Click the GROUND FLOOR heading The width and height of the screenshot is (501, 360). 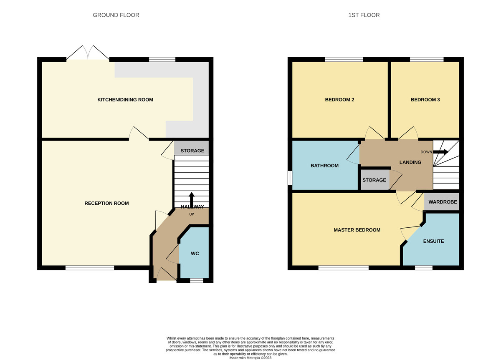[x=116, y=15]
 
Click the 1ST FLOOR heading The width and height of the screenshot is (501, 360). [x=364, y=15]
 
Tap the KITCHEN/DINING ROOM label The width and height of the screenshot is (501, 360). [x=125, y=100]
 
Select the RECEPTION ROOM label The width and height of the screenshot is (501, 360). [x=106, y=203]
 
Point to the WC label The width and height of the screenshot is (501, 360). [x=195, y=254]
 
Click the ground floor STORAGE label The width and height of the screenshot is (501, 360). [x=192, y=151]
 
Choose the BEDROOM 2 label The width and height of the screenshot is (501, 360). [x=339, y=100]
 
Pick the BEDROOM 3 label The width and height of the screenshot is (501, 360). [x=425, y=100]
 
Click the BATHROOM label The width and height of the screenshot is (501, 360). [x=324, y=166]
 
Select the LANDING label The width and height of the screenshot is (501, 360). [x=410, y=162]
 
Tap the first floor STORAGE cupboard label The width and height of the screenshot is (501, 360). [x=374, y=180]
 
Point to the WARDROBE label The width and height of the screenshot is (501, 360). [x=443, y=202]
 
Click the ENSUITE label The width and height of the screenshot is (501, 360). [x=433, y=241]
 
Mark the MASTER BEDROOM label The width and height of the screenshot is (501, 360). [x=357, y=230]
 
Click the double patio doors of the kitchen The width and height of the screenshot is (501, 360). [x=88, y=53]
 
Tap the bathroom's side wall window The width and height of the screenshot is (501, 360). [x=290, y=178]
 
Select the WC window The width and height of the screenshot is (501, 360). [x=196, y=281]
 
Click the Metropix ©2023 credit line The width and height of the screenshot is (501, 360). [x=250, y=357]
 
